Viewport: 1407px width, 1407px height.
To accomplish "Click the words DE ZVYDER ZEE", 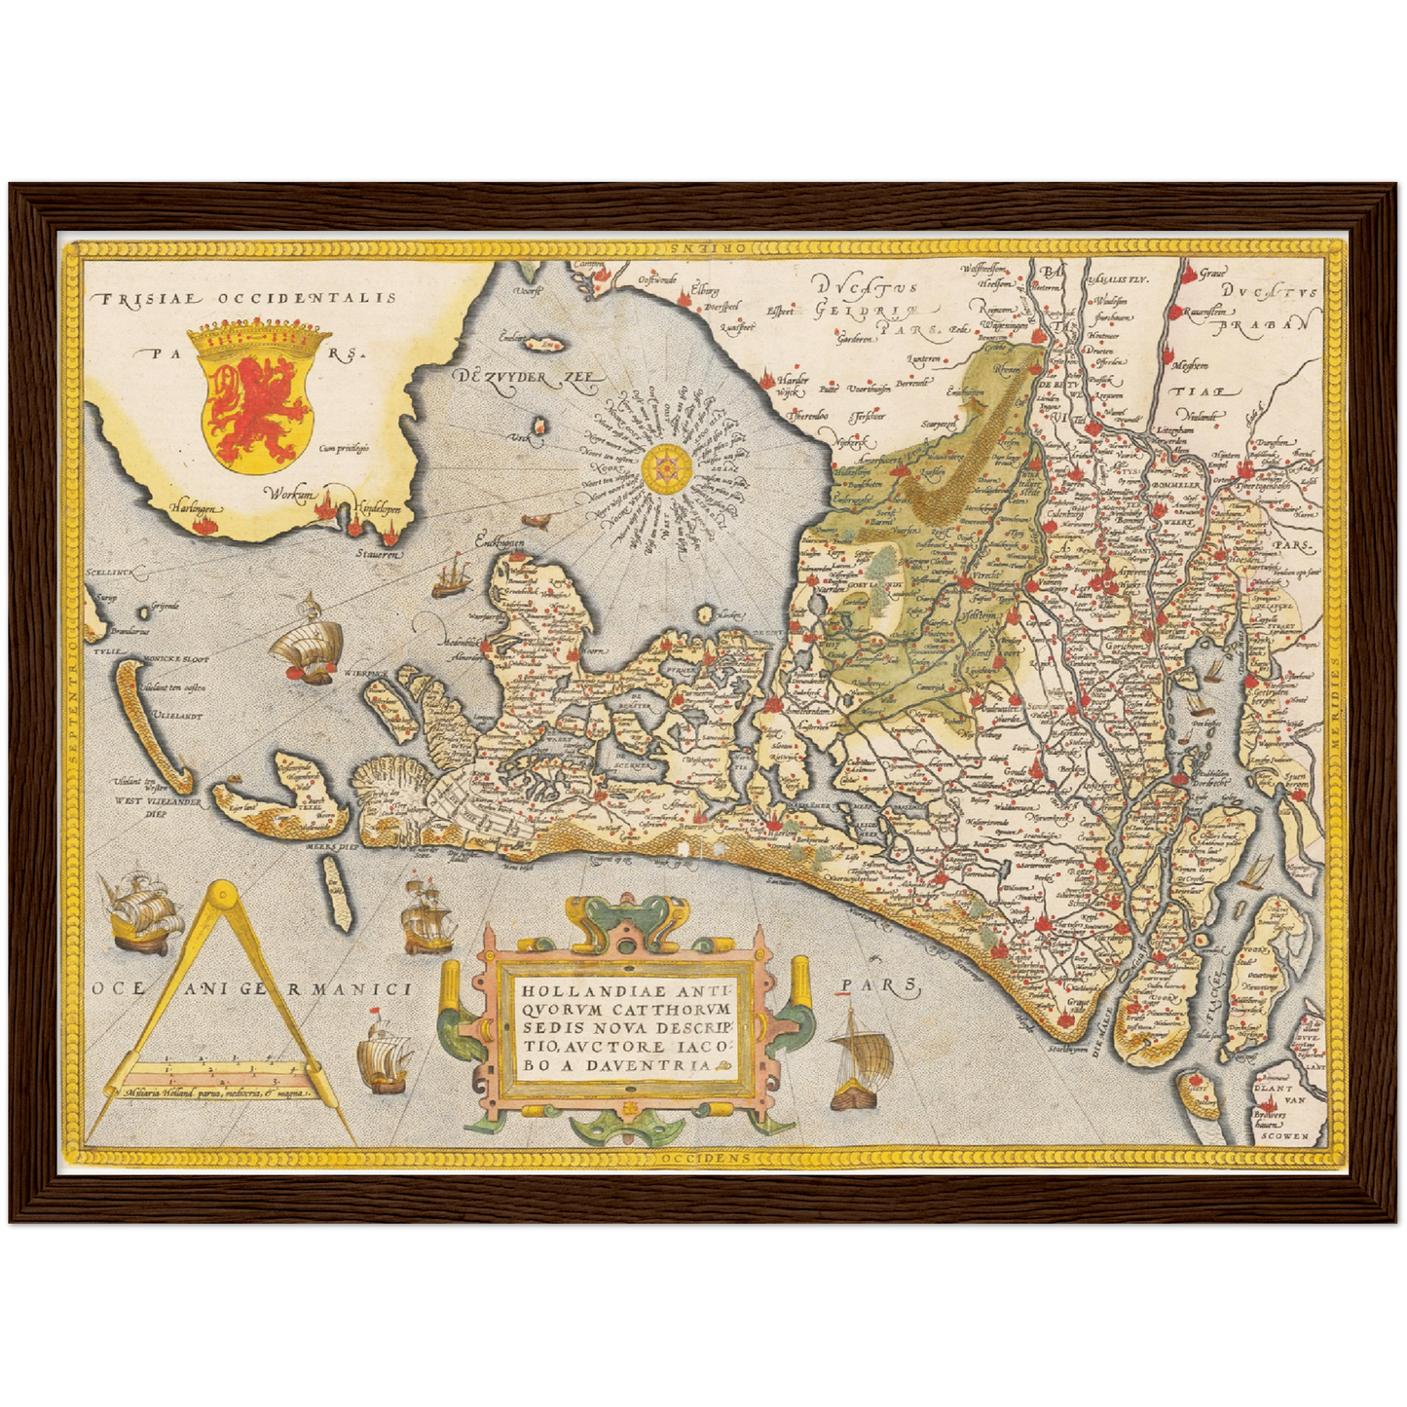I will click(525, 381).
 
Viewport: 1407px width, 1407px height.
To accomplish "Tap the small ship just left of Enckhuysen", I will click(449, 577).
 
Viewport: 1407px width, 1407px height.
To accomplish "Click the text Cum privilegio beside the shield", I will click(344, 449).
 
